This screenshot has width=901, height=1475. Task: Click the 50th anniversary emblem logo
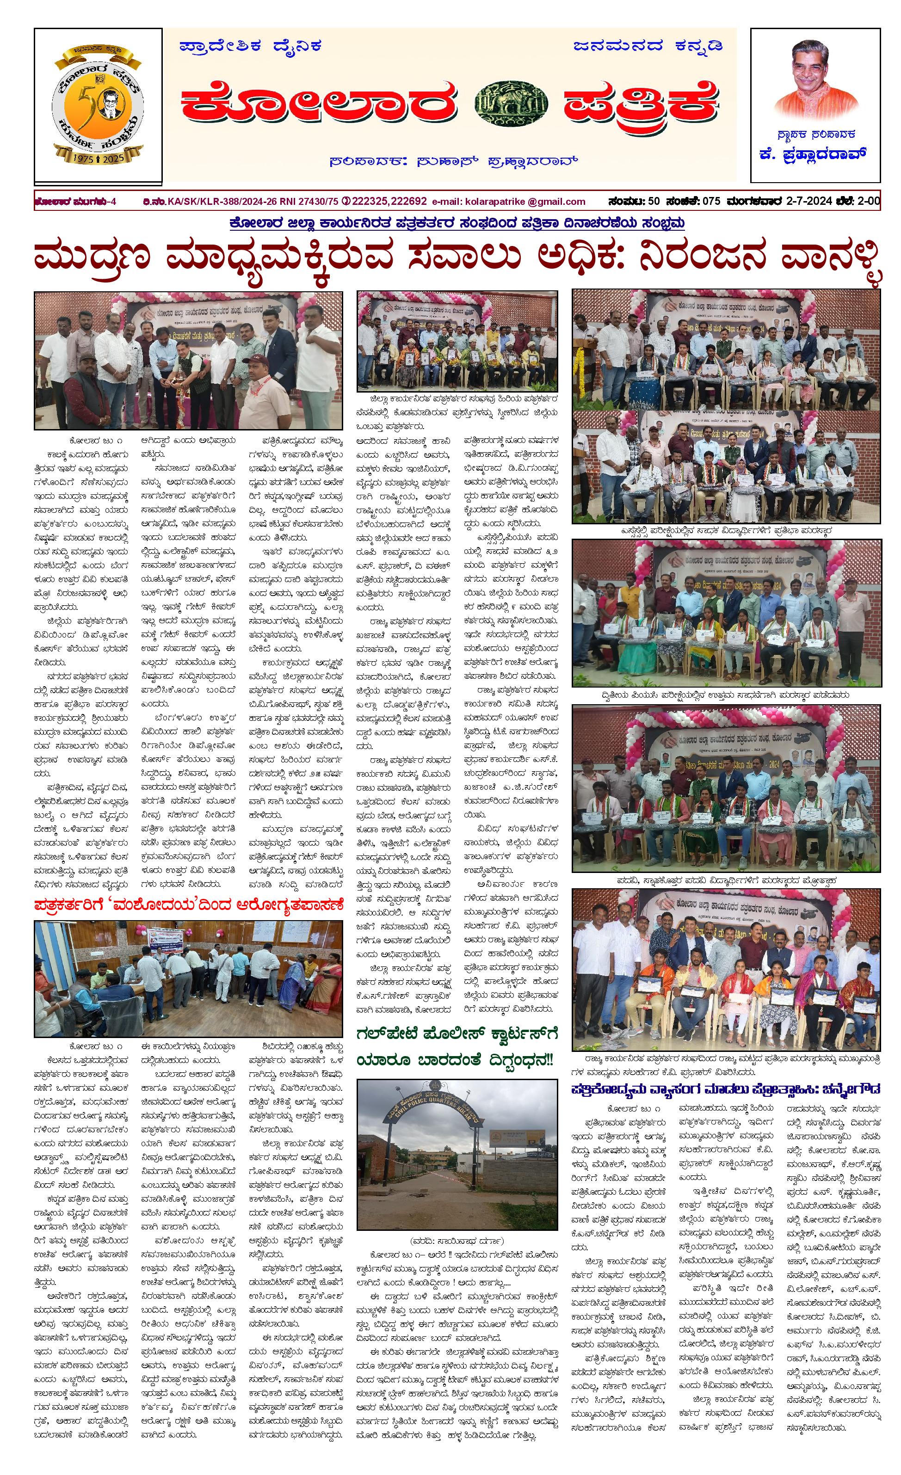[98, 105]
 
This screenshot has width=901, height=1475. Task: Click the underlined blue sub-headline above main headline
[457, 224]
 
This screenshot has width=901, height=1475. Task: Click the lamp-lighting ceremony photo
[188, 360]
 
